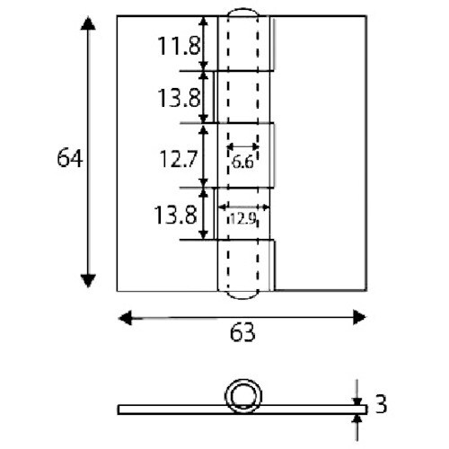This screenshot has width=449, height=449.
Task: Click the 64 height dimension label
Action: pos(69,159)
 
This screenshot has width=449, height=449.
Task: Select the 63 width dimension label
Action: pos(242,333)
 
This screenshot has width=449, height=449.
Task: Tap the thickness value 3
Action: pos(380,404)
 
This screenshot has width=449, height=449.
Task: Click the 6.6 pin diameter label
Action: pos(242,162)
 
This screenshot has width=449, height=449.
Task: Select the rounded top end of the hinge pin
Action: pos(243,19)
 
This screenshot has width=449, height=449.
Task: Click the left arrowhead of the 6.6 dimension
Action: pos(231,145)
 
